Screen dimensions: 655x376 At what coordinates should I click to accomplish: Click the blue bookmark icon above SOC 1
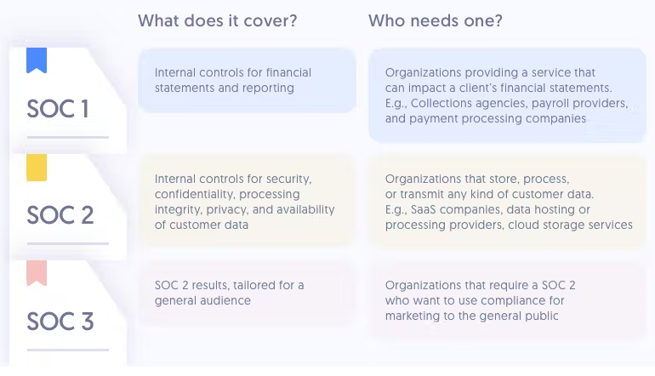37,60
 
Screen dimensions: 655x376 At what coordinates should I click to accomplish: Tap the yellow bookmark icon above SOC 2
37,168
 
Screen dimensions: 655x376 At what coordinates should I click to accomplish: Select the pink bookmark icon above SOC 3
37,273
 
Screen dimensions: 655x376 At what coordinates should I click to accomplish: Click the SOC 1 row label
58,109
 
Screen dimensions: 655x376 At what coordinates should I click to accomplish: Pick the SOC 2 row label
60,215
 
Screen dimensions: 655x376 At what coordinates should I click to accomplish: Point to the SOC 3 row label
60,322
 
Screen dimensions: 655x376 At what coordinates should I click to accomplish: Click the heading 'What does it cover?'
217,20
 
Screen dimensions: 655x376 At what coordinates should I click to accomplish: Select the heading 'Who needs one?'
436,20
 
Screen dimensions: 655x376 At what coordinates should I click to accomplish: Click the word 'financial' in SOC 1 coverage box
288,72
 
